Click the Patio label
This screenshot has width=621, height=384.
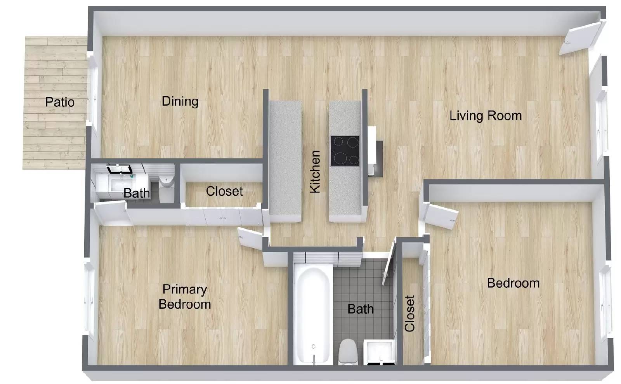coord(60,102)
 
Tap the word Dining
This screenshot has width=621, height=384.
coord(180,101)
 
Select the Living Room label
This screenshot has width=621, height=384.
coord(485,116)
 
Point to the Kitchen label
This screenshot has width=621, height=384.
coord(315,172)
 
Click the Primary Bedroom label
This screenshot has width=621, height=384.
coord(185,297)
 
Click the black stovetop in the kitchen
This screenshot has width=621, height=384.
coord(345,151)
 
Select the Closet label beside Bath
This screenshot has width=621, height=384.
coord(224,191)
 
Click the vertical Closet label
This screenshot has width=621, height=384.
coord(410,313)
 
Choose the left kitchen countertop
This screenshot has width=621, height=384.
coord(285,159)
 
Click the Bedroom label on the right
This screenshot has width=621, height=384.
coord(513,283)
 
